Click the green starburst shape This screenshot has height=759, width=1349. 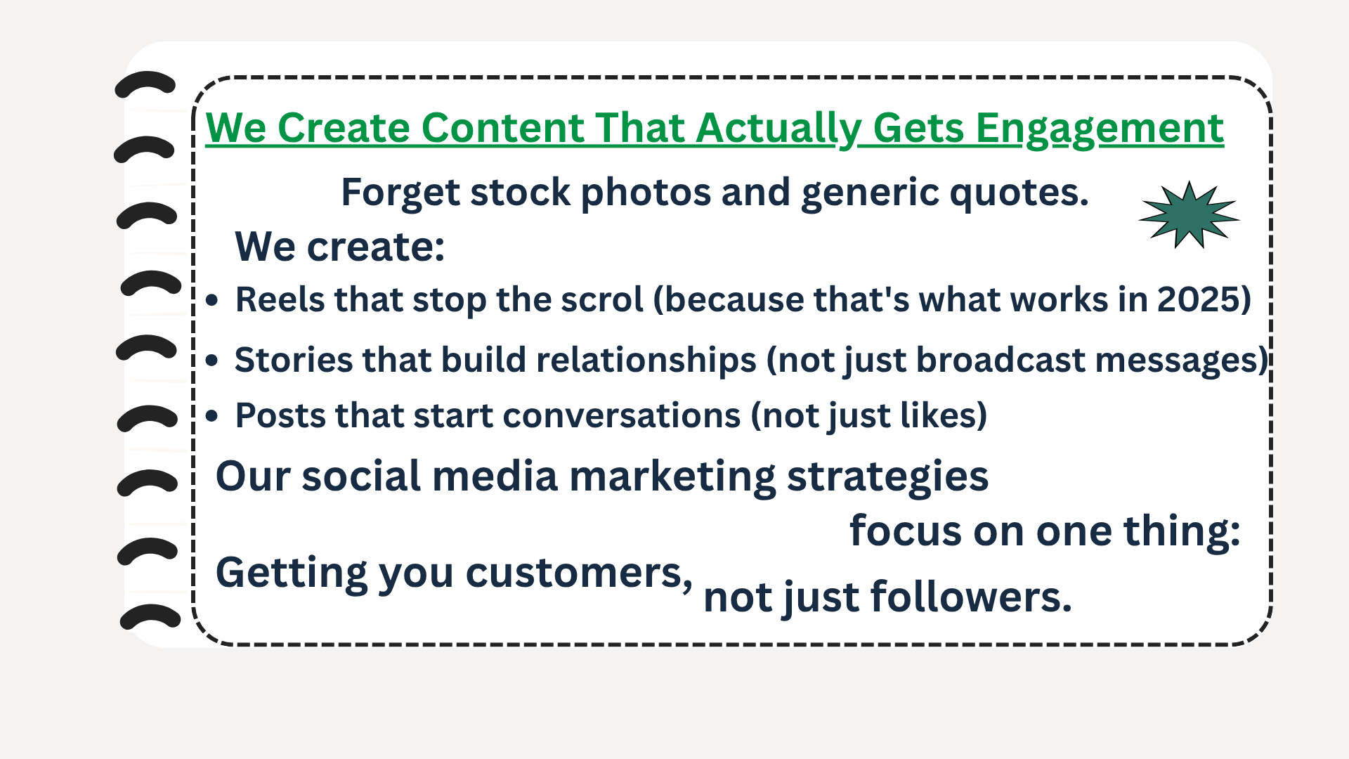click(x=1189, y=215)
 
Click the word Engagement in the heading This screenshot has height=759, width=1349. click(x=1100, y=129)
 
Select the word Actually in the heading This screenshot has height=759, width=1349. click(x=778, y=129)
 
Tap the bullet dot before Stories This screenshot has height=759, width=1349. click(x=212, y=361)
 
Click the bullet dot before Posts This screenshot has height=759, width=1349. click(x=212, y=416)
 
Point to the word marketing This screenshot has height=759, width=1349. click(x=672, y=476)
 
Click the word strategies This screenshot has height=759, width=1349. click(x=888, y=478)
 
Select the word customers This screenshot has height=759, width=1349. click(x=579, y=573)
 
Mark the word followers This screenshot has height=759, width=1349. click(x=971, y=597)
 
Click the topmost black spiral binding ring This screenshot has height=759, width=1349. click(x=145, y=84)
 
